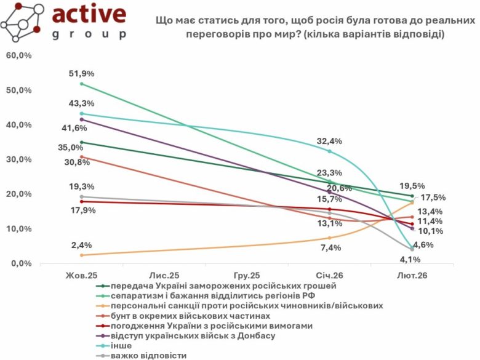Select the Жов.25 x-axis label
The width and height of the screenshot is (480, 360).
82,276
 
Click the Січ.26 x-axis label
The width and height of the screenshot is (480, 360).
330,276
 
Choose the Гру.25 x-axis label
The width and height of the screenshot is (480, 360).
247,276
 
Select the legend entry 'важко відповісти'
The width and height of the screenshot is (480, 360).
148,356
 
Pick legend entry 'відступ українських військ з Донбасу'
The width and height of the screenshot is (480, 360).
193,336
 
